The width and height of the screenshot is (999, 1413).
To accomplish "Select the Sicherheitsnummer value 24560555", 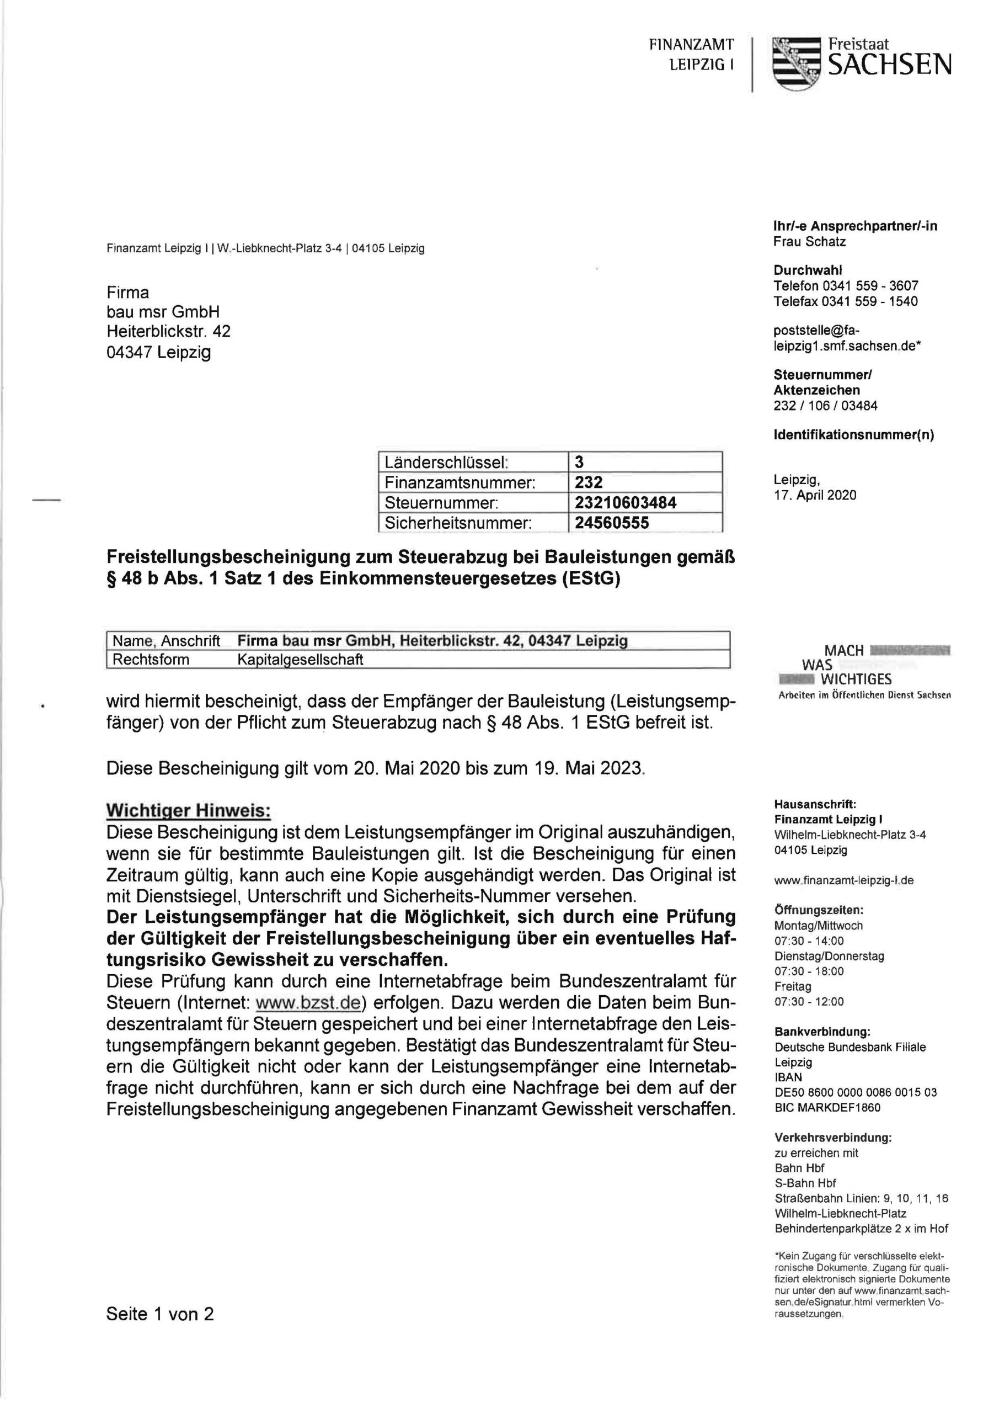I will (x=612, y=523).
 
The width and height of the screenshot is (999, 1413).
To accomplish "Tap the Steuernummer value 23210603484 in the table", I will (x=626, y=503).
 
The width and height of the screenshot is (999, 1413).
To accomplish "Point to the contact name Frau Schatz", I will (x=810, y=242).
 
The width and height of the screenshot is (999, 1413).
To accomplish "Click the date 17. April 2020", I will (x=815, y=496).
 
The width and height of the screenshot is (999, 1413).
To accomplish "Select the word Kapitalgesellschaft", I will (x=300, y=660).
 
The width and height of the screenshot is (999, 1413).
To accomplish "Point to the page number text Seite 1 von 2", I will (x=160, y=1314).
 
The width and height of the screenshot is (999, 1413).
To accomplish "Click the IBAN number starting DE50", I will (x=856, y=1092).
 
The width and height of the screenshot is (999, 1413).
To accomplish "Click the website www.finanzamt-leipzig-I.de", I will (x=844, y=881).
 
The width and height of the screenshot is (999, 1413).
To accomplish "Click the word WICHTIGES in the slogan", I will (x=856, y=679).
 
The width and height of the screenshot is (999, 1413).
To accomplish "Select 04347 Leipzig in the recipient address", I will (x=159, y=353).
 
